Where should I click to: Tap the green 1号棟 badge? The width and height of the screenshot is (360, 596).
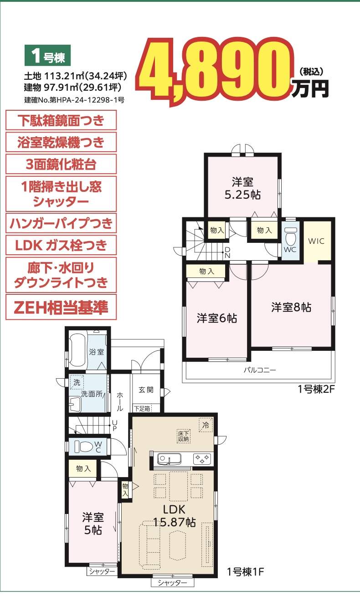point(47,55)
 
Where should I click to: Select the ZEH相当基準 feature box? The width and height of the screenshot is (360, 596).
point(61,307)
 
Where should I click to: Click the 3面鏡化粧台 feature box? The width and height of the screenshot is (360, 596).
point(61,164)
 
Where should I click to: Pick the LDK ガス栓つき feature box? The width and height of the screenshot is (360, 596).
point(61,245)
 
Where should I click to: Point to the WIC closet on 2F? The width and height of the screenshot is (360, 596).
point(317,241)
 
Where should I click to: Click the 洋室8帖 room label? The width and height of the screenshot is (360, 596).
point(291,307)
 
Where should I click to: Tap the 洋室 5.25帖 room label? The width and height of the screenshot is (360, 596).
point(243,188)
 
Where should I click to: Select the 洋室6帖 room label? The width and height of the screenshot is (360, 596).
point(217,318)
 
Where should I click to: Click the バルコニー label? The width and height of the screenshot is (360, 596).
point(260,370)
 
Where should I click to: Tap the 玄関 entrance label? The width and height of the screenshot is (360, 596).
point(146,390)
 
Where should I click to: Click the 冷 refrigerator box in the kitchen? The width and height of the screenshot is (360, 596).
point(206,425)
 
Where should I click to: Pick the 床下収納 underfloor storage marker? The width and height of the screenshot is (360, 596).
point(184,437)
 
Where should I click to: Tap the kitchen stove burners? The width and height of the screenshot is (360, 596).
point(202,458)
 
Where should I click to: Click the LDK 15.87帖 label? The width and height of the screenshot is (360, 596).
point(174,516)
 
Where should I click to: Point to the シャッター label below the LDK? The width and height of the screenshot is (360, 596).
point(172,590)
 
